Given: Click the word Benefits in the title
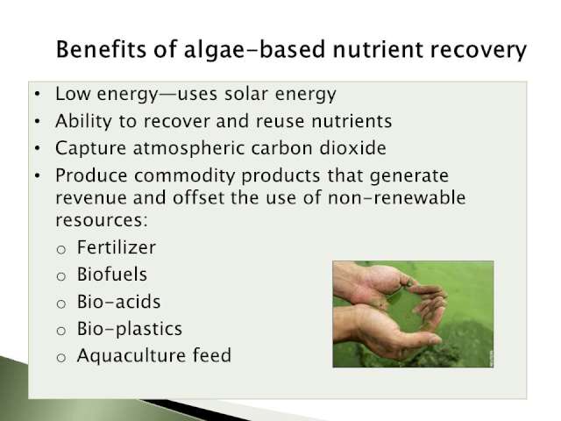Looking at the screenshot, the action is pyautogui.click(x=102, y=49).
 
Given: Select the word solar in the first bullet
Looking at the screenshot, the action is pyautogui.click(x=246, y=94).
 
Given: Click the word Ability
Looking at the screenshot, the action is pyautogui.click(x=83, y=121).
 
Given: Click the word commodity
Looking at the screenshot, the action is pyautogui.click(x=184, y=176).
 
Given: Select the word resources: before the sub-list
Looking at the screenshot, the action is pyautogui.click(x=102, y=220).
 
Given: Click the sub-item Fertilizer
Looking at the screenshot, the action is pyautogui.click(x=117, y=247).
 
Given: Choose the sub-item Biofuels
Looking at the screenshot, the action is pyautogui.click(x=112, y=275).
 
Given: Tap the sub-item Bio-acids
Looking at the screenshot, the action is pyautogui.click(x=119, y=302).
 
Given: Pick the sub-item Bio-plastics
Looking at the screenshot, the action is pyautogui.click(x=130, y=330).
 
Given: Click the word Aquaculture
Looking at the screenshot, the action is pyautogui.click(x=131, y=356).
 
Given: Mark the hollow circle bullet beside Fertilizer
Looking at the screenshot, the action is pyautogui.click(x=61, y=249).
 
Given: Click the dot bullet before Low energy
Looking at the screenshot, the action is pyautogui.click(x=38, y=95).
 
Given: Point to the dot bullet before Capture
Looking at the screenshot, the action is pyautogui.click(x=38, y=148).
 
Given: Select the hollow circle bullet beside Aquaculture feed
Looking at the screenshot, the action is pyautogui.click(x=61, y=358).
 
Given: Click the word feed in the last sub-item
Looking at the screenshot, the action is pyautogui.click(x=212, y=355).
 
